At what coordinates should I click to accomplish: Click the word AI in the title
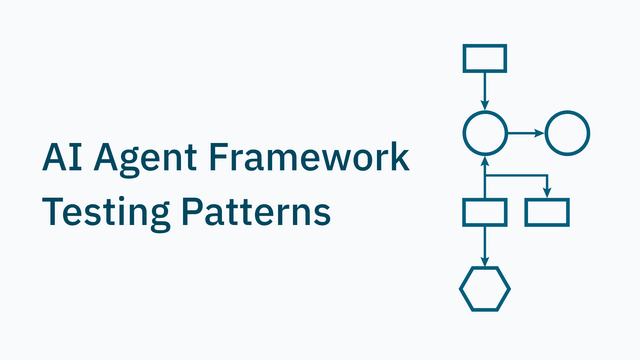(x=62, y=157)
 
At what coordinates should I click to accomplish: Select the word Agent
(x=145, y=160)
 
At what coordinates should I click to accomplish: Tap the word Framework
(x=309, y=156)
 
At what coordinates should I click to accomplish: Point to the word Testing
(x=106, y=214)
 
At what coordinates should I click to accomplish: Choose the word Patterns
(x=256, y=211)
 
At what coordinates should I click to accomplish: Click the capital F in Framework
(x=219, y=157)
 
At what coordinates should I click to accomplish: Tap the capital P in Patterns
(x=192, y=211)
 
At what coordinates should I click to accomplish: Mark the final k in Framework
(x=399, y=156)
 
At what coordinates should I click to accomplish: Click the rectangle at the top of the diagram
(x=485, y=58)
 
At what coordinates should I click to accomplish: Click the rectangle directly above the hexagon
(x=485, y=200)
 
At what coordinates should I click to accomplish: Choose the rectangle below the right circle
(x=547, y=200)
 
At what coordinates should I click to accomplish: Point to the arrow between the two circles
(x=526, y=133)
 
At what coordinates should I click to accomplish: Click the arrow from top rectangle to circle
(x=485, y=91)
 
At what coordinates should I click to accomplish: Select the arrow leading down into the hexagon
(x=485, y=247)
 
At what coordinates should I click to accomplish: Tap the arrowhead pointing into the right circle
(x=540, y=133)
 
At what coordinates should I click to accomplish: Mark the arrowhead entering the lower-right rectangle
(x=547, y=193)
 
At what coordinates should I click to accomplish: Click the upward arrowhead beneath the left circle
(x=485, y=161)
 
